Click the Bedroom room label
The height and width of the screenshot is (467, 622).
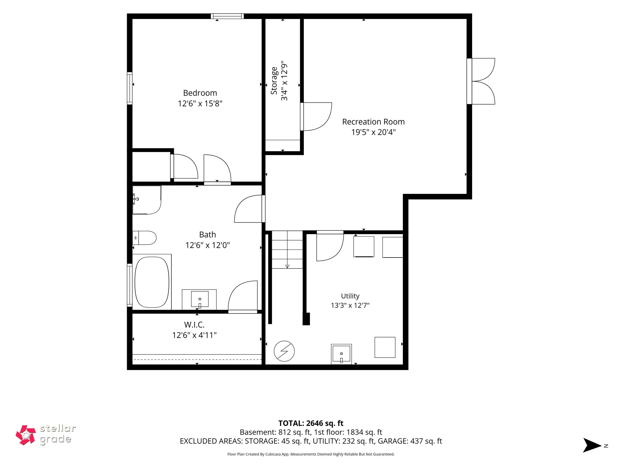200,93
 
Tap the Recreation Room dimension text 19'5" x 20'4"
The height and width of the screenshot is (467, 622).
373,132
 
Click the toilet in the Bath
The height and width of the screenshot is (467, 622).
144,238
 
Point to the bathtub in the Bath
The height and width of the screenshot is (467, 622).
152,282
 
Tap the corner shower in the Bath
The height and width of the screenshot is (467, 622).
147,200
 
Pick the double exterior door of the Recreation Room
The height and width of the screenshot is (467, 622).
481,81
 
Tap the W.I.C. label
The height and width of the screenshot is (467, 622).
194,325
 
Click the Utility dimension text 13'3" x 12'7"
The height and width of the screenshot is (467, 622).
350,305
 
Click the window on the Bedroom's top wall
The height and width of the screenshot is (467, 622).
227,16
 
